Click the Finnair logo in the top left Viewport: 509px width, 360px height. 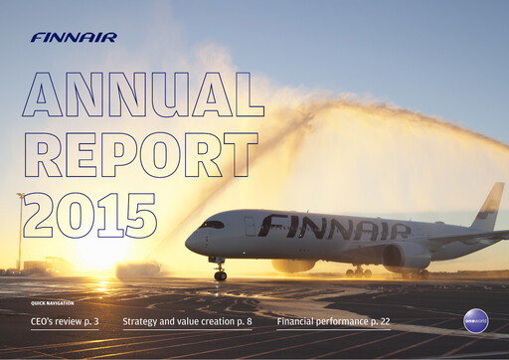point(74,38)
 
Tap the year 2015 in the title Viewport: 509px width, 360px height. point(89,213)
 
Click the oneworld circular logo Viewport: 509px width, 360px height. point(476,320)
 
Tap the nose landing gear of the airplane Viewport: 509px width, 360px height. point(220,272)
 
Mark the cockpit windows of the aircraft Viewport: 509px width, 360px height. point(211,225)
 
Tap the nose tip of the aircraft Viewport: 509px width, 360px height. point(187,241)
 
